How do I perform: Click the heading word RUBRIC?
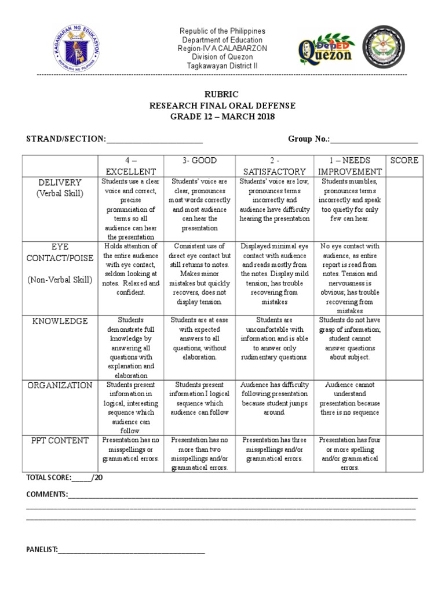pos(222,94)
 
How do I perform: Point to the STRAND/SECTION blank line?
pos(154,139)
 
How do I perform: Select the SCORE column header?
pos(403,160)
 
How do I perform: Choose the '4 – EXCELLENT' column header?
pos(130,165)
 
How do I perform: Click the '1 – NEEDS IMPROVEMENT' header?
pos(349,165)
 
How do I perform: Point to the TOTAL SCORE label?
pos(49,477)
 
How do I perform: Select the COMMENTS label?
pos(46,494)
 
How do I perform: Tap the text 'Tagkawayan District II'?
pos(222,66)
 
